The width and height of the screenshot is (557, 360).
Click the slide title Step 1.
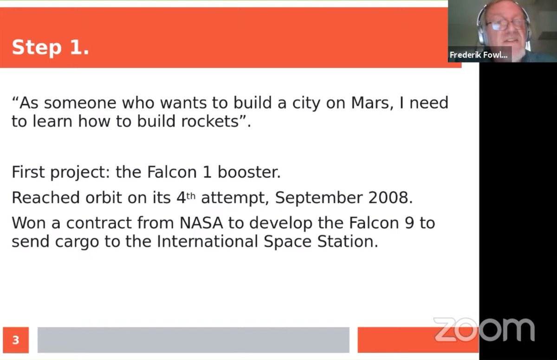[50, 47]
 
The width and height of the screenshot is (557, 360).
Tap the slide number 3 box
[15, 340]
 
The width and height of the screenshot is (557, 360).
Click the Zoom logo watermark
[484, 330]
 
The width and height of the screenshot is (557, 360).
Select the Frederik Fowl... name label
[479, 55]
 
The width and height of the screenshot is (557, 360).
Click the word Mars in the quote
[365, 103]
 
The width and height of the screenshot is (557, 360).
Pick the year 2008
[389, 198]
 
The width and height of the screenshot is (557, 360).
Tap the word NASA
[201, 223]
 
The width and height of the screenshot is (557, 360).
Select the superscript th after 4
[191, 195]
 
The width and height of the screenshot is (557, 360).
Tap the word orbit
[103, 198]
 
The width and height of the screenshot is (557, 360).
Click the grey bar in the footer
[193, 340]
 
